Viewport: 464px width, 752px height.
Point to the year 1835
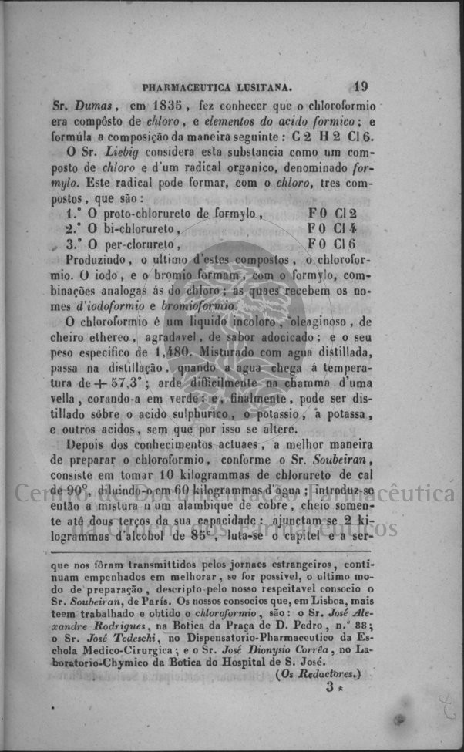pos(169,104)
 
